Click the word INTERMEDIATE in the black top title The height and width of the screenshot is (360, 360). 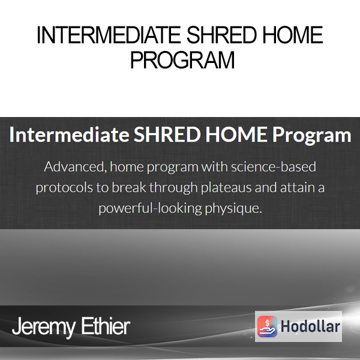(109, 35)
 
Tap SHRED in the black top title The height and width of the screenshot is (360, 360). (221, 35)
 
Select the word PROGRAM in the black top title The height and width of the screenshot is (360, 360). (182, 60)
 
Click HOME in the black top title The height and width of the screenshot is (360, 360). (293, 35)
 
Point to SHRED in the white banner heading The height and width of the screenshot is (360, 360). (167, 134)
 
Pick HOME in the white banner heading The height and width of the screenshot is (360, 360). (236, 134)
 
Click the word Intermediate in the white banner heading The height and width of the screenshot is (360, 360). (70, 134)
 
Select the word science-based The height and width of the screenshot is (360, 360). (274, 166)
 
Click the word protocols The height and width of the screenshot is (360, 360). (64, 188)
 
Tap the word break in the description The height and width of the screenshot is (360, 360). (129, 187)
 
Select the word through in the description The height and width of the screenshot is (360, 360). (173, 188)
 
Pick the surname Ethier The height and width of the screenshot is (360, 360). (106, 326)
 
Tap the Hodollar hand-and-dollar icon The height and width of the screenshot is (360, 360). (267, 326)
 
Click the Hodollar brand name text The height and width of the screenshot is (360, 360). (310, 326)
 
